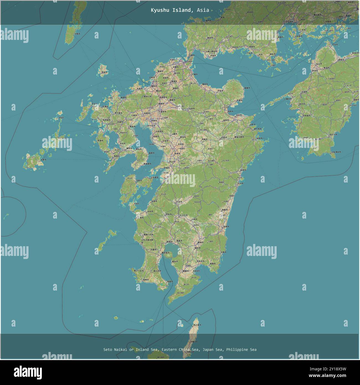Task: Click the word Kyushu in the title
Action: click(x=159, y=10)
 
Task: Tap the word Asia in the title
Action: click(x=203, y=10)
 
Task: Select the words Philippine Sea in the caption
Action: click(x=241, y=350)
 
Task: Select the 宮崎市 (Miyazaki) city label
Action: click(x=227, y=227)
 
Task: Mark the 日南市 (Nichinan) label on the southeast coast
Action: click(x=223, y=252)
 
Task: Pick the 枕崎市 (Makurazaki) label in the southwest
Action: click(x=146, y=280)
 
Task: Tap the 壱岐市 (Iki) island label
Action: click(x=104, y=72)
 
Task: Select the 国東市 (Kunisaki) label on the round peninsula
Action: click(x=247, y=88)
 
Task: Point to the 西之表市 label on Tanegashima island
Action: click(x=197, y=325)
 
